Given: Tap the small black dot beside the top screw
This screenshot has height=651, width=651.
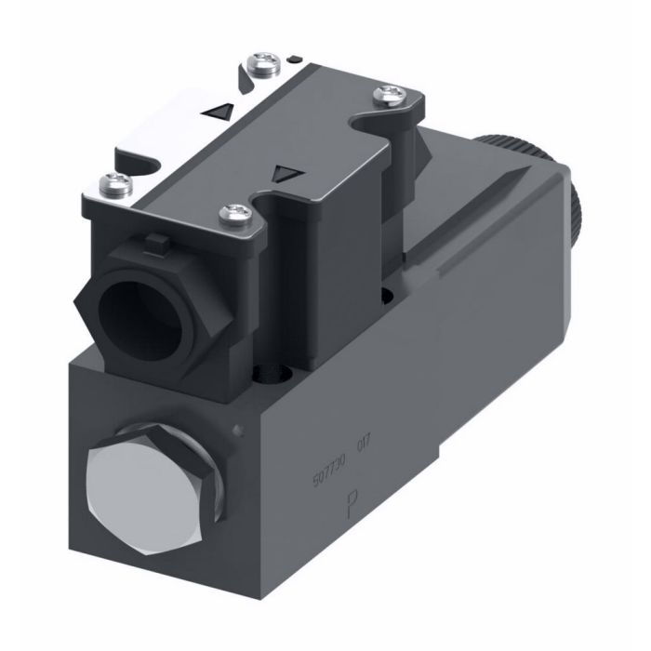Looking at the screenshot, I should coord(294,60).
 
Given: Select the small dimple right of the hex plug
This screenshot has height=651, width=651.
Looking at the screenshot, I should coord(240,429).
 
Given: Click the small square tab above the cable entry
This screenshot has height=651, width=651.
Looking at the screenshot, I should coord(153,246).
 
